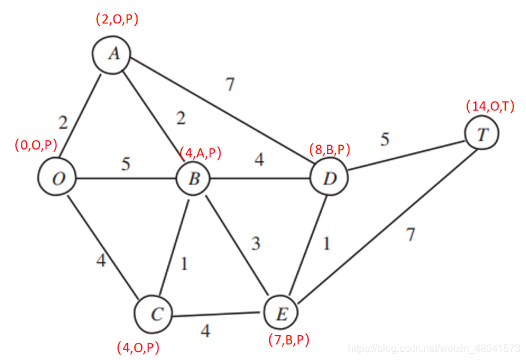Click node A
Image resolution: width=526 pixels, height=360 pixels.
click(112, 55)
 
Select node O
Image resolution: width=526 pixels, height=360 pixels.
click(58, 179)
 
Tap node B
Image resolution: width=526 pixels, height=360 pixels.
click(194, 179)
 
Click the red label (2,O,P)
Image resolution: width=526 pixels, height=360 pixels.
click(117, 20)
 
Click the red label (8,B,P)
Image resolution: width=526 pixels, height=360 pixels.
click(330, 150)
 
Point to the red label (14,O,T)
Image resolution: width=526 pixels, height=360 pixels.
click(490, 106)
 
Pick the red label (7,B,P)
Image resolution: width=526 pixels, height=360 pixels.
click(289, 340)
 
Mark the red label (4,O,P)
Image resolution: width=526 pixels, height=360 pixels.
click(138, 347)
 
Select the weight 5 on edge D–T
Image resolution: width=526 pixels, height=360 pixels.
click(385, 139)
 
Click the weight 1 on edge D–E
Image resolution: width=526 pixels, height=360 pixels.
click(326, 243)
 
